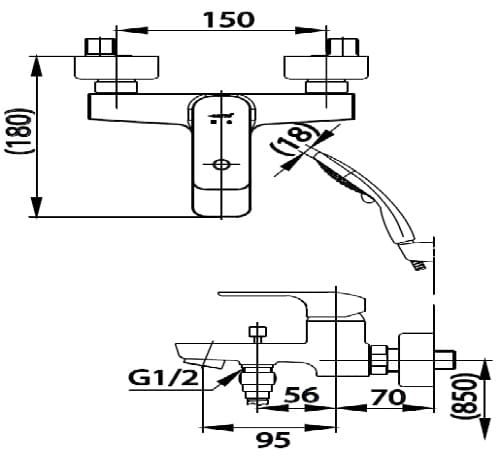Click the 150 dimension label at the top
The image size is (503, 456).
click(228, 19)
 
